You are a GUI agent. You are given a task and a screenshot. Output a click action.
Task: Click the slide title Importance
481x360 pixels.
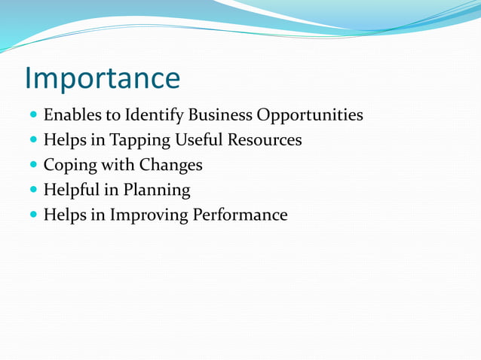(102, 78)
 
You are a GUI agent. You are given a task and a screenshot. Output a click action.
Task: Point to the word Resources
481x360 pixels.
(266, 140)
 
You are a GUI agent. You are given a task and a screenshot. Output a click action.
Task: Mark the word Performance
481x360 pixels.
(240, 215)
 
